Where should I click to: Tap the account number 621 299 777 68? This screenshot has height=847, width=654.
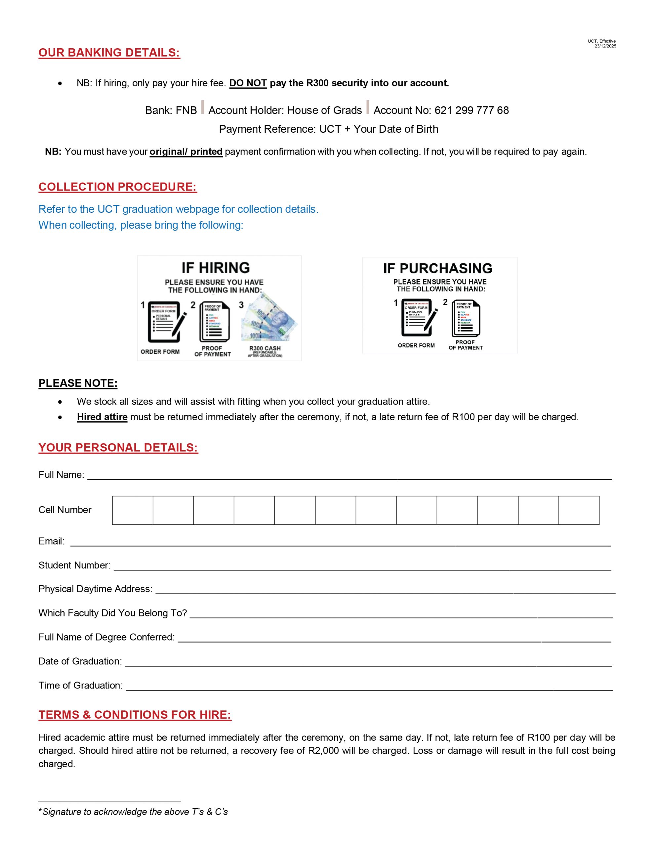pos(471,111)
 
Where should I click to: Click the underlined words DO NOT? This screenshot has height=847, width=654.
pos(248,83)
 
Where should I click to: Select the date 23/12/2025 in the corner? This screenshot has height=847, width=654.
pos(605,46)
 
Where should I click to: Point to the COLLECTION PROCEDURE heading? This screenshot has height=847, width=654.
pos(117,187)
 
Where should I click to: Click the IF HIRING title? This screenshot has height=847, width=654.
pos(216,268)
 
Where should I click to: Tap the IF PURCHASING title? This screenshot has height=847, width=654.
pos(438,268)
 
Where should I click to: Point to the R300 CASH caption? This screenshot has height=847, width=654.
pos(265,348)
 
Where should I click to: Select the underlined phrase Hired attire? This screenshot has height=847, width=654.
pos(102,417)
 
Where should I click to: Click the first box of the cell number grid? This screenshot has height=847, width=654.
pos(133,511)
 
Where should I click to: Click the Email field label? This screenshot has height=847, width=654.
pos(51,541)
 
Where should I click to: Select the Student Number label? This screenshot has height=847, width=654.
pos(74,565)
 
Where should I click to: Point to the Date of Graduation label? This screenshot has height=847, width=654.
pos(80,661)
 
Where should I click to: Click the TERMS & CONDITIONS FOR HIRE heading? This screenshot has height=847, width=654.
pos(135,715)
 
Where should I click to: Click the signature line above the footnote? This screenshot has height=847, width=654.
pos(109,801)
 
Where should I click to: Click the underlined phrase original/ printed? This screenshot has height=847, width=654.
pos(186,152)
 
